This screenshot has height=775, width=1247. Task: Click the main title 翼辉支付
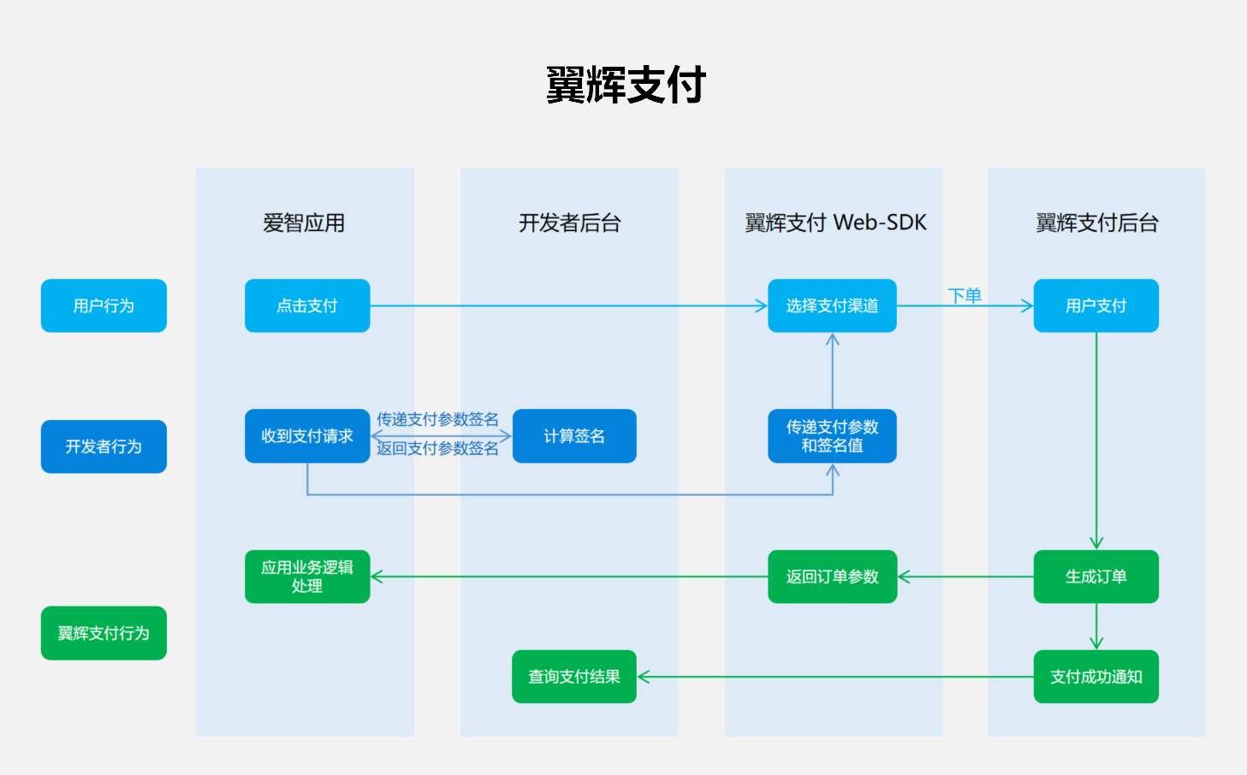(626, 85)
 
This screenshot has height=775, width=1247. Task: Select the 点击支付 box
(307, 305)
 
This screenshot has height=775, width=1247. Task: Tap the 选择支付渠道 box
(832, 305)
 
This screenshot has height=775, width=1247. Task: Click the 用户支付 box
(1096, 305)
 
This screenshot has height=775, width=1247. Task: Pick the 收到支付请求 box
(307, 436)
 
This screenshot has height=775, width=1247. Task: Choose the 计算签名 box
(574, 436)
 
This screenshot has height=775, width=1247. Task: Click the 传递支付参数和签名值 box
(832, 436)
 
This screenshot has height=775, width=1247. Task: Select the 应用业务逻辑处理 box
(307, 577)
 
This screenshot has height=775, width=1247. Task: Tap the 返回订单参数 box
(832, 577)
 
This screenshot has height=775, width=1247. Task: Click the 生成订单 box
(1096, 577)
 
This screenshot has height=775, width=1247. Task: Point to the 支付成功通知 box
(1096, 677)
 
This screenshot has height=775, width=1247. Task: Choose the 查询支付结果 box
(574, 677)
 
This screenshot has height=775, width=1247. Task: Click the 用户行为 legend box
(104, 305)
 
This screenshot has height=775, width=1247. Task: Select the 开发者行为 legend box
(104, 447)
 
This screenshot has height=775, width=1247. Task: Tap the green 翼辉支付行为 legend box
(104, 633)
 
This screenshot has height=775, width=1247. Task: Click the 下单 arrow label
(965, 296)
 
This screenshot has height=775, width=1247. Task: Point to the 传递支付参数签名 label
(437, 419)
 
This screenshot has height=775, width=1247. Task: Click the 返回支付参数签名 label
(437, 448)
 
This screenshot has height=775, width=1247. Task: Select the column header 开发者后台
(569, 223)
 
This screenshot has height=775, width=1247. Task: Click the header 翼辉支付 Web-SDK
(835, 223)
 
